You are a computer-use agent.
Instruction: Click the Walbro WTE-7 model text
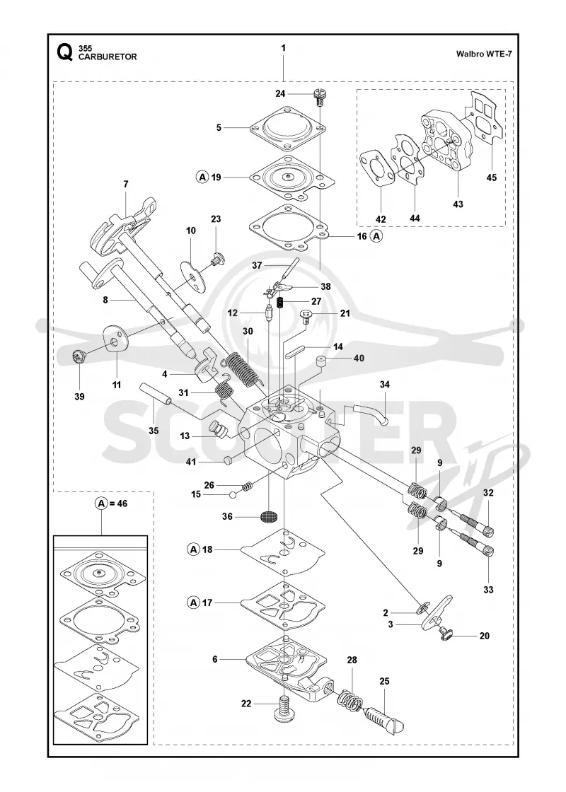(x=484, y=54)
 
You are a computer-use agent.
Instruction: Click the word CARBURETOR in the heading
(x=108, y=57)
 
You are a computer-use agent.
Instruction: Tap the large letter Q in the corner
(x=64, y=52)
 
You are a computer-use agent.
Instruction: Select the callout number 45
(x=491, y=177)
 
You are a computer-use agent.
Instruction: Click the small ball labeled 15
(x=233, y=494)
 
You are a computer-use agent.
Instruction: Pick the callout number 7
(x=126, y=185)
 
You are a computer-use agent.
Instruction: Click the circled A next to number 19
(x=202, y=177)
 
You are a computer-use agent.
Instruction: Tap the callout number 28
(x=352, y=660)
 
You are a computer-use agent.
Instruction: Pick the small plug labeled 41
(x=227, y=460)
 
